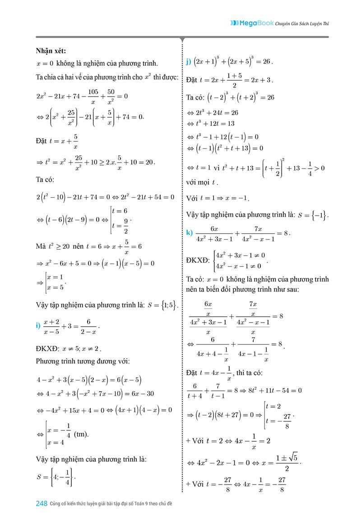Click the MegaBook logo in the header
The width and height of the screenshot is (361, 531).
251,22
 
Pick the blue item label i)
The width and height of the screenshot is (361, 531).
39,325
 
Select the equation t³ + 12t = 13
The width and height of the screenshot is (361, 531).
214,124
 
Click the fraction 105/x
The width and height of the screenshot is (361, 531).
93,96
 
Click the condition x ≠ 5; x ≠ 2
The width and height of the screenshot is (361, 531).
81,348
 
